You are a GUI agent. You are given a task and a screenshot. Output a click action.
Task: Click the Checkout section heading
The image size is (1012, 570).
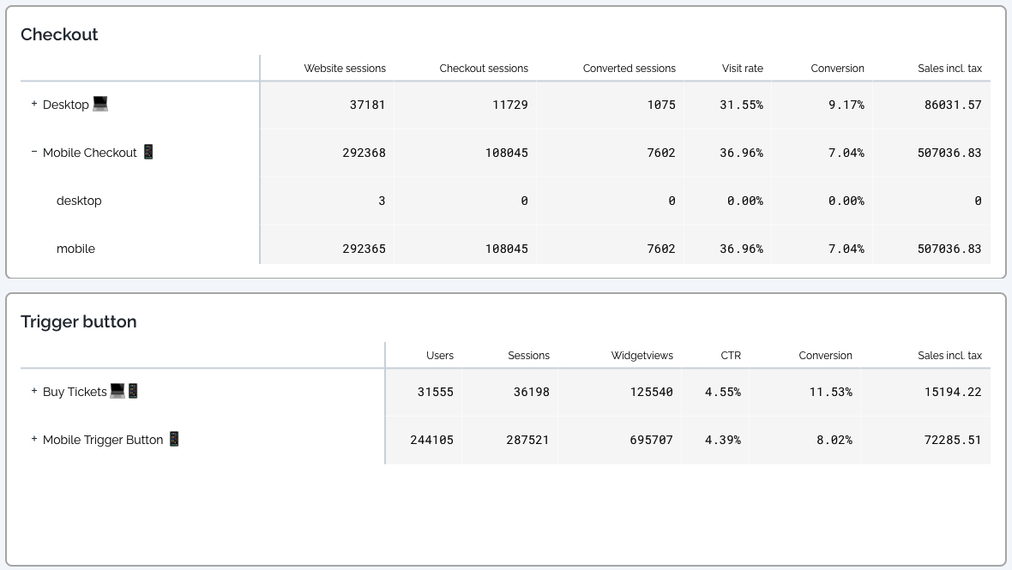[x=59, y=34]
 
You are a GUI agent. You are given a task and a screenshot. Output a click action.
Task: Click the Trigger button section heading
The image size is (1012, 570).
[x=79, y=321]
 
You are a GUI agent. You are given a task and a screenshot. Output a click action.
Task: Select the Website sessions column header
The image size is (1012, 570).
[x=345, y=69]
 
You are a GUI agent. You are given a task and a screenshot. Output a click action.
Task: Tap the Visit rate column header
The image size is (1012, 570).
[x=742, y=69]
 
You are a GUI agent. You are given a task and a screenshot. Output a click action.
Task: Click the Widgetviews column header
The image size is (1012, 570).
[x=642, y=356]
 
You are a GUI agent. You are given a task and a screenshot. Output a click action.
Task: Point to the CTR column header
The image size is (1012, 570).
[x=731, y=356]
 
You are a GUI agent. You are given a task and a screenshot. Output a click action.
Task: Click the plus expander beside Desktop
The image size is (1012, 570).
[x=34, y=104]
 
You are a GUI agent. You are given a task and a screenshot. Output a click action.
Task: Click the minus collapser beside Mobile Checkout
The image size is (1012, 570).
[x=34, y=152]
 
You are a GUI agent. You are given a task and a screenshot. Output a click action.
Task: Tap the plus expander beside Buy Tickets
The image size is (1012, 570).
[x=34, y=391]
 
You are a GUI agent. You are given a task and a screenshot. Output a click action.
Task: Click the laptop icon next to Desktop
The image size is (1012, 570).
[x=100, y=104]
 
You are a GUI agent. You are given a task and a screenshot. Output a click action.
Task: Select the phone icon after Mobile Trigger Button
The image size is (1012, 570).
[x=174, y=439]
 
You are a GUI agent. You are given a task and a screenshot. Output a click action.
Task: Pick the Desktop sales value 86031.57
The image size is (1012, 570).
[x=949, y=105]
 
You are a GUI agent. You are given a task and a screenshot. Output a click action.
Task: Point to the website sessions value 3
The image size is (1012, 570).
[x=382, y=201]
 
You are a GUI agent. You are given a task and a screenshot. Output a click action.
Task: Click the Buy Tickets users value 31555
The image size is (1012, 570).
[x=436, y=392]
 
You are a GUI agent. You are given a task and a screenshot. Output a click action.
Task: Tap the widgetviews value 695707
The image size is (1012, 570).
[x=648, y=440]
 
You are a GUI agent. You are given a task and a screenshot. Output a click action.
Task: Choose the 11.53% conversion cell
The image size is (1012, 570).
[x=829, y=392]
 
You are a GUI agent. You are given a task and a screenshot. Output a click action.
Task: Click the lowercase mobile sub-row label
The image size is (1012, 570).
[x=75, y=249]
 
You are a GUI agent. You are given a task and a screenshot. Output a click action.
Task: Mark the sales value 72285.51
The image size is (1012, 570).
[x=949, y=440]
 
